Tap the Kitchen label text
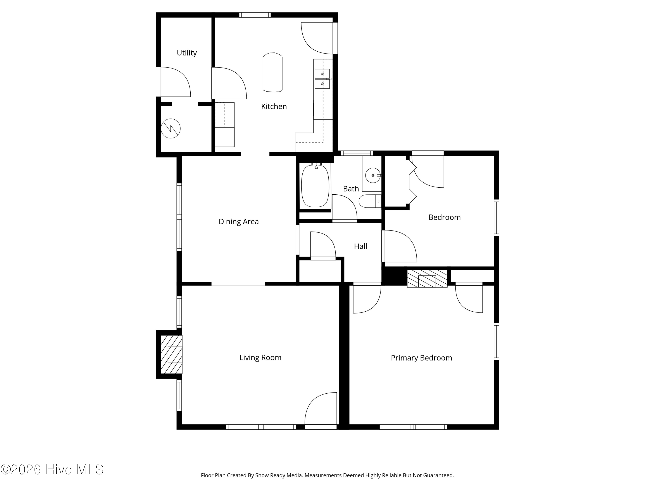click(x=274, y=106)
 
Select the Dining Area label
click(x=239, y=222)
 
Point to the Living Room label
click(x=260, y=358)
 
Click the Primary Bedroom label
click(x=421, y=358)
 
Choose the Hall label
click(x=360, y=246)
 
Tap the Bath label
click(x=351, y=189)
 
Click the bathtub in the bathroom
click(x=315, y=186)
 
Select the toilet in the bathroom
click(x=370, y=201)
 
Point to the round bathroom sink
click(x=373, y=175)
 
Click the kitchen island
click(x=272, y=72)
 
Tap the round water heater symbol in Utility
click(x=171, y=128)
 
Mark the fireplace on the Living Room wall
click(x=171, y=354)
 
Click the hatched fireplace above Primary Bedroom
click(x=427, y=279)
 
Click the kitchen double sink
click(x=322, y=79)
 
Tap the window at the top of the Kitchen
click(x=255, y=15)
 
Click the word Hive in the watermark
click(x=59, y=469)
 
